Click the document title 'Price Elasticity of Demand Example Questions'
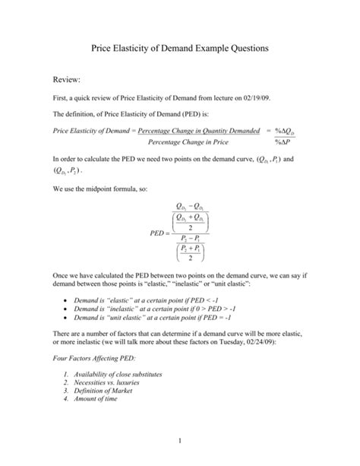pos(180,48)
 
